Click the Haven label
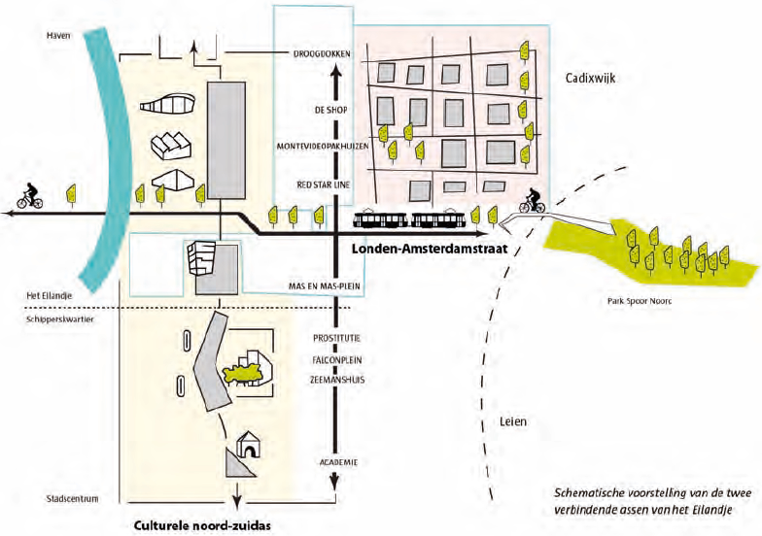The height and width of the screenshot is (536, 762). click(x=58, y=35)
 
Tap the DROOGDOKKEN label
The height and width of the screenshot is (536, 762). click(x=321, y=54)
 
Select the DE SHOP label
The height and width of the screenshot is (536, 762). click(x=330, y=111)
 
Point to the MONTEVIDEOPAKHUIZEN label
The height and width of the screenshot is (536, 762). click(x=323, y=146)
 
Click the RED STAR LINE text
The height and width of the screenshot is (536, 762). click(x=323, y=184)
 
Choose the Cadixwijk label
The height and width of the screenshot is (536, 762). click(x=591, y=78)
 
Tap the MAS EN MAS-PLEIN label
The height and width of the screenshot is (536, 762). click(x=325, y=286)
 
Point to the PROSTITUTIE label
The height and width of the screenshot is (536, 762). click(x=336, y=338)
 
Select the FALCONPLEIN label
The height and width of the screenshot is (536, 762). click(x=337, y=360)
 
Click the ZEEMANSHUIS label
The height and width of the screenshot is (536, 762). click(x=337, y=380)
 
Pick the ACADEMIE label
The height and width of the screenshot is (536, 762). click(x=338, y=462)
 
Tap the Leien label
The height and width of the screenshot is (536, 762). click(x=513, y=421)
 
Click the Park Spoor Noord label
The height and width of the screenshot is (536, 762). click(x=640, y=301)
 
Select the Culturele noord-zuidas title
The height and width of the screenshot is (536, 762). click(x=202, y=526)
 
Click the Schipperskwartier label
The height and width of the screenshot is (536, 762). click(x=60, y=319)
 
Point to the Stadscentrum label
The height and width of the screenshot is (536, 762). click(x=72, y=499)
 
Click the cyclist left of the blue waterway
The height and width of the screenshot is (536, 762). click(x=29, y=196)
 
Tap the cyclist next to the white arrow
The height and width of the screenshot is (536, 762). click(x=533, y=200)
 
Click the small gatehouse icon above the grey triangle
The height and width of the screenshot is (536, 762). click(x=249, y=444)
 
